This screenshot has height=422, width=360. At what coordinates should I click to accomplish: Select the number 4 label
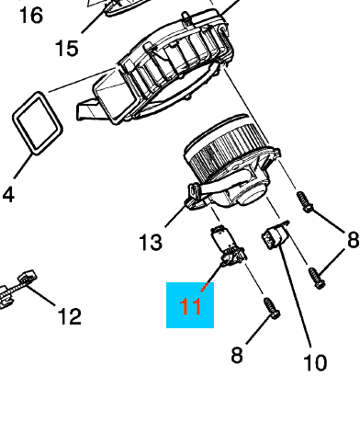pyautogui.click(x=8, y=194)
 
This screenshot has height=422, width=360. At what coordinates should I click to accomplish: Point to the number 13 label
pyautogui.click(x=151, y=242)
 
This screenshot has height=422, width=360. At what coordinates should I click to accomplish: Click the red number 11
pyautogui.click(x=190, y=304)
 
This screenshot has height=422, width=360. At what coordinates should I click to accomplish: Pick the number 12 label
pyautogui.click(x=70, y=317)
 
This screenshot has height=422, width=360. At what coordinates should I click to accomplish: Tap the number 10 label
pyautogui.click(x=315, y=362)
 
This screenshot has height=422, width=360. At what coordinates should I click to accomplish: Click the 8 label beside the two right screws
pyautogui.click(x=352, y=241)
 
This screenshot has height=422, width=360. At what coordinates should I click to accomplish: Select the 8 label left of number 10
pyautogui.click(x=237, y=354)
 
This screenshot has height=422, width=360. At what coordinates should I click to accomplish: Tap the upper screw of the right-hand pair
pyautogui.click(x=304, y=202)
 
